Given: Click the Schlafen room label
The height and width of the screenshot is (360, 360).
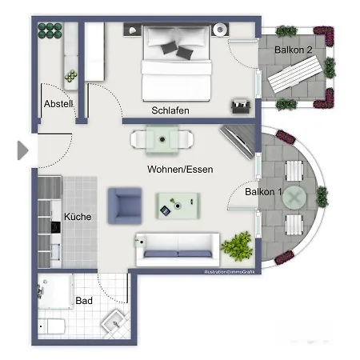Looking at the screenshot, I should point(170,110).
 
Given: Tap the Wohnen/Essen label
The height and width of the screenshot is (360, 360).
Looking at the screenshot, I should point(179,170).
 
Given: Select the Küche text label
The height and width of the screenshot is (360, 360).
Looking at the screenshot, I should point(77,217).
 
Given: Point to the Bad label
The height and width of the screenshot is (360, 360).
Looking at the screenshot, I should point(84,301).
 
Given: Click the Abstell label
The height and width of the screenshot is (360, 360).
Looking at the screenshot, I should point(58,103).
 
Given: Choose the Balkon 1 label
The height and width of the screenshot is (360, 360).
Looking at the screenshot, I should point(264,192).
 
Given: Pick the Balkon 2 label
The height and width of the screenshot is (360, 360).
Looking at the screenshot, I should point(294,50).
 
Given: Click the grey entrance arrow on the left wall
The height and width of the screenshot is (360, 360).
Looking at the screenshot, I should point(22,150).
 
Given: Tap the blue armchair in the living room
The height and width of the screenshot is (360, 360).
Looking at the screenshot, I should point(125,204).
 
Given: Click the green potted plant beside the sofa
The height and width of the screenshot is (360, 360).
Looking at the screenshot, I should point(237,245).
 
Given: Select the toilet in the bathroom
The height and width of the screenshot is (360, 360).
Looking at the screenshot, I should point(54,327).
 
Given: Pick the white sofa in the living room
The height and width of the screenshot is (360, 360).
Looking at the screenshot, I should point(177,248).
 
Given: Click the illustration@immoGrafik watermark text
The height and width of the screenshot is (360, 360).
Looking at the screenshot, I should point(228,274).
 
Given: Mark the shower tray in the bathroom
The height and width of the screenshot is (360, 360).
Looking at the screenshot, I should point(57,289).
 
